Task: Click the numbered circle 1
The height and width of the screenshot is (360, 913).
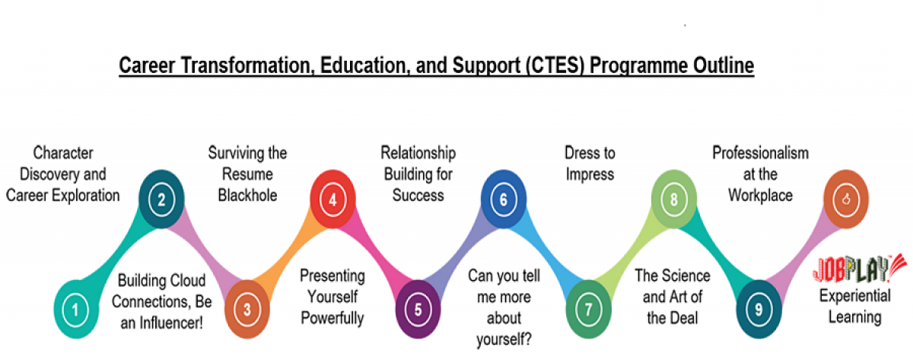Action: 75,310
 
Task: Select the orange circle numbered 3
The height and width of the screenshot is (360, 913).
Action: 246,310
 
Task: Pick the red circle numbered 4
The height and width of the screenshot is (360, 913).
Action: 332,200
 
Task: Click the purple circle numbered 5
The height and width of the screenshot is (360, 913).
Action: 418,310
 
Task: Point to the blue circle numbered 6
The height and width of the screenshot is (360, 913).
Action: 503,200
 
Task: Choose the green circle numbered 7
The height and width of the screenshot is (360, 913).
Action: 588,310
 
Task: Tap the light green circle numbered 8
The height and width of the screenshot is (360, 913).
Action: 674,200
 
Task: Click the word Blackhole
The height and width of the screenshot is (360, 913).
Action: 247,195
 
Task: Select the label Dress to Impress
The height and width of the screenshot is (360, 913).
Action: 590,164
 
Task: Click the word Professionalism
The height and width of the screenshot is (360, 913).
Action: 760,153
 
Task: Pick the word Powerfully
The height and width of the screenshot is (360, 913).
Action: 332,317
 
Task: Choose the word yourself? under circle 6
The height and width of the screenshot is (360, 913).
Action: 503,339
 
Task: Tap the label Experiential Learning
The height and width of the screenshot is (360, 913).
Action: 851,306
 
